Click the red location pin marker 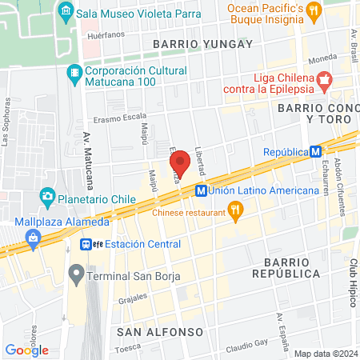click(181, 163)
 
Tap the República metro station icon click(316, 151)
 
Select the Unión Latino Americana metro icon click(201, 190)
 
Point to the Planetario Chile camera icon click(47, 196)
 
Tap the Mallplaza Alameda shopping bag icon click(33, 237)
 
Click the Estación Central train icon click(87, 245)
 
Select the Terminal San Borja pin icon click(76, 276)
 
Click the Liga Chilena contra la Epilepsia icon click(324, 79)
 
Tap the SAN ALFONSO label click(160, 330)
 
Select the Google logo click(26, 350)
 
